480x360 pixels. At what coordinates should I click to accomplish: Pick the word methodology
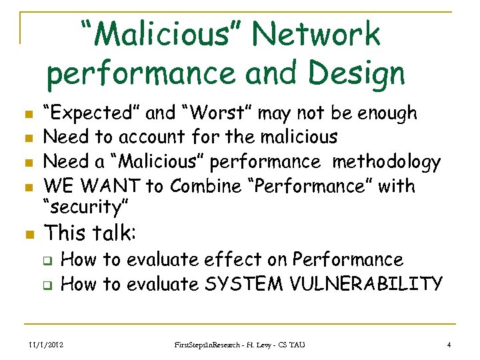[x=387, y=161]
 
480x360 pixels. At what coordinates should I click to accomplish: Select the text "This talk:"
[x=90, y=233]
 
